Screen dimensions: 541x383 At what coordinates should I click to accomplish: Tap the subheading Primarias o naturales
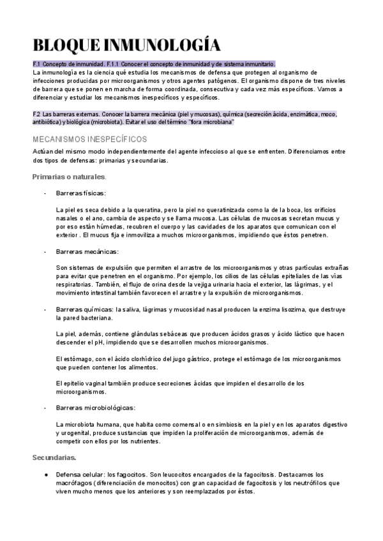[69, 176]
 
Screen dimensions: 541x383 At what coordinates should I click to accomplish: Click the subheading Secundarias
[54, 457]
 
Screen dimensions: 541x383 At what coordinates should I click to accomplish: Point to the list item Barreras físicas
[81, 193]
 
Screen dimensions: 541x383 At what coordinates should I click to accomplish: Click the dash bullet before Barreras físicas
[45, 193]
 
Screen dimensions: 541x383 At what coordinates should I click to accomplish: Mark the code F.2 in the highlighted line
[36, 114]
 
